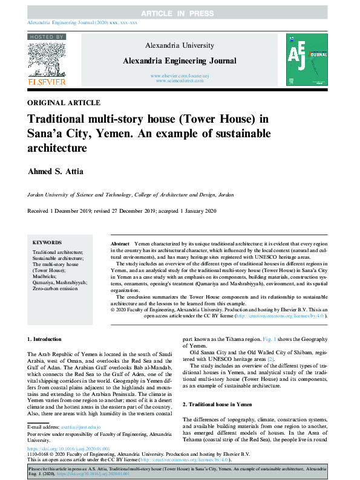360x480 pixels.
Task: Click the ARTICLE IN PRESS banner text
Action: (180, 13)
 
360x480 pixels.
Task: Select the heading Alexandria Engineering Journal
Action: (180, 60)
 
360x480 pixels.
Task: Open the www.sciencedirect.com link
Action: (180, 80)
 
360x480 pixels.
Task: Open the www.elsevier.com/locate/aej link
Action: (180, 75)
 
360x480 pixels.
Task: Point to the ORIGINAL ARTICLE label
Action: (64, 103)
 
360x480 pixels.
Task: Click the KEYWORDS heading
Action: (47, 241)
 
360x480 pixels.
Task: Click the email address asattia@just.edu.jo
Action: (81, 427)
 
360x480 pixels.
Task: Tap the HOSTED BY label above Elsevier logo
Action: (47, 37)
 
